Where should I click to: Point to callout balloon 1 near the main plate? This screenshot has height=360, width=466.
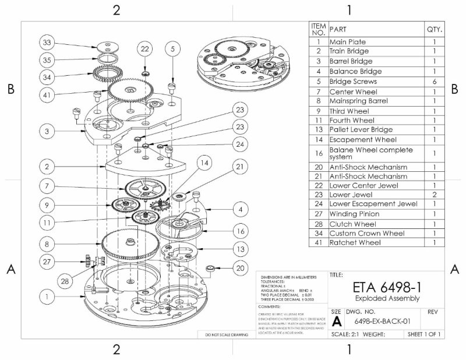pyautogui.click(x=47, y=297)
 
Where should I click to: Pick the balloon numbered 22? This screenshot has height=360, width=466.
pyautogui.click(x=145, y=50)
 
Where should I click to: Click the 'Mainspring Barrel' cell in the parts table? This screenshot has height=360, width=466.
pyautogui.click(x=354, y=101)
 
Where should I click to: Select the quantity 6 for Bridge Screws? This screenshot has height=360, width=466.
pyautogui.click(x=434, y=82)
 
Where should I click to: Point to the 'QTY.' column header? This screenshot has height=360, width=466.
pyautogui.click(x=434, y=29)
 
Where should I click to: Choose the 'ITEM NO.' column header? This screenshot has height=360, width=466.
pyautogui.click(x=318, y=29)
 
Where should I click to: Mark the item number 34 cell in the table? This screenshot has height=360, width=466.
pyautogui.click(x=318, y=233)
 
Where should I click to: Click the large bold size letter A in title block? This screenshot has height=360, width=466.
pyautogui.click(x=337, y=321)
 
